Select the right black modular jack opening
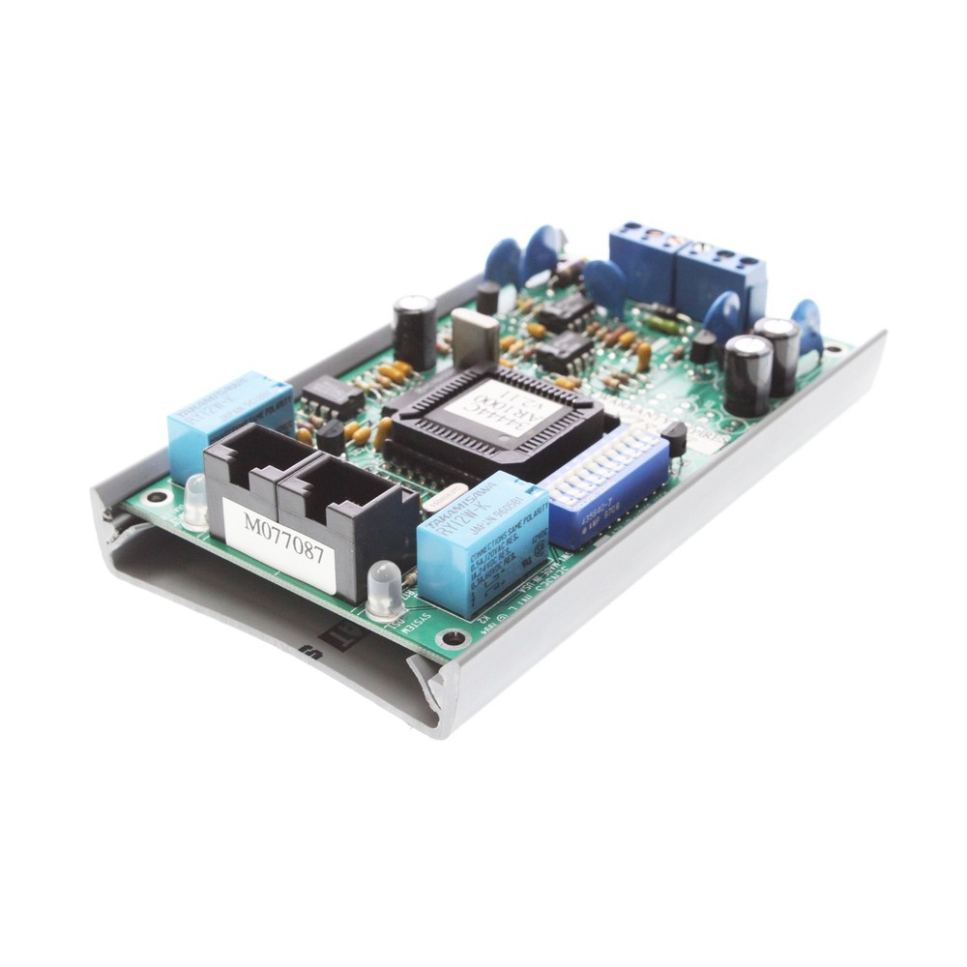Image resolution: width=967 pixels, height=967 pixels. tap(334, 493)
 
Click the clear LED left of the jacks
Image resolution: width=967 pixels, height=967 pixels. tap(195, 499)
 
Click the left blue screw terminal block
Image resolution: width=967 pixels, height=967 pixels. tap(642, 257)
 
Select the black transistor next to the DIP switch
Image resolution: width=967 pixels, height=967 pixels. tap(676, 438)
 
